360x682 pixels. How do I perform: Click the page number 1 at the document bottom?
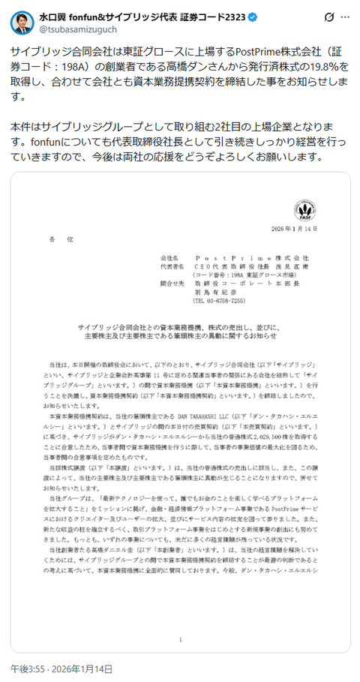point(181,640)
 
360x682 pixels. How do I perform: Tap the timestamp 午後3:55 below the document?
point(27,668)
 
